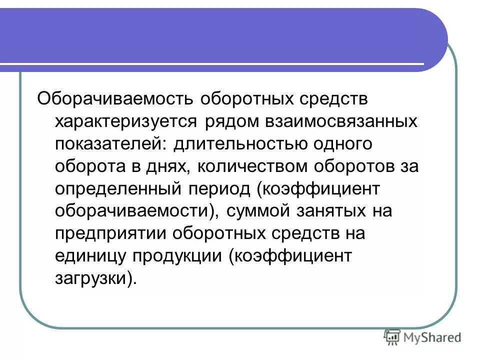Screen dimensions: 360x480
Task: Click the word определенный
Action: click(x=119, y=189)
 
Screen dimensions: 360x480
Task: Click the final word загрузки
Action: click(x=91, y=278)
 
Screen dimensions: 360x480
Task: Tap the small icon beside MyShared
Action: click(x=393, y=338)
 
